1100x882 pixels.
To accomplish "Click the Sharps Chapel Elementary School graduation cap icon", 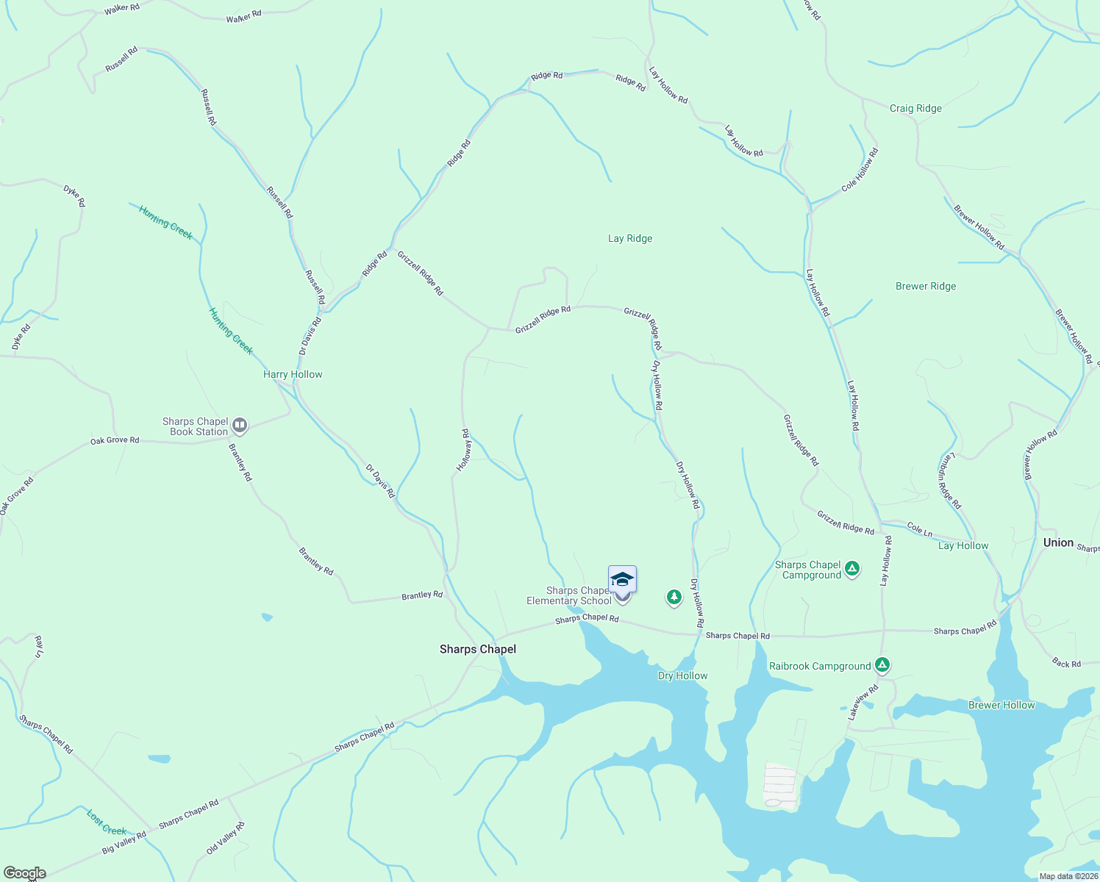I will coord(622,579).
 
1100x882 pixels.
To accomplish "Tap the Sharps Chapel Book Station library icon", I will coord(239,426).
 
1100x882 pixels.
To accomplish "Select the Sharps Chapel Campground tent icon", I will coord(852,569).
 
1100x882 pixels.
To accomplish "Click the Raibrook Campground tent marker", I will coord(882,666).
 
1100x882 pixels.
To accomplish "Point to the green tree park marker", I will coord(674,597).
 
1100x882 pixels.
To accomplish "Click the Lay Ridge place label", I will coord(630,239).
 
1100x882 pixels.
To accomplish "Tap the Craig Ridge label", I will coord(915,109).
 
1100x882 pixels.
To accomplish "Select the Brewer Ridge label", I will coord(926,287).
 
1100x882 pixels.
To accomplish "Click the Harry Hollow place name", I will coord(293,375).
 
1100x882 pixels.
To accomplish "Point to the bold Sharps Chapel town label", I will coord(478,649).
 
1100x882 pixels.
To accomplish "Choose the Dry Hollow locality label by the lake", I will coord(682,676).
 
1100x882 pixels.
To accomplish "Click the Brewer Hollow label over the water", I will coord(1001,706).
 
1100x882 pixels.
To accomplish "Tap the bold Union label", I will coord(1058,543).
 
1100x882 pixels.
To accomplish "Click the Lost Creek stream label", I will coord(107,822).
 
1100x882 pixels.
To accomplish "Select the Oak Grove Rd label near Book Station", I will coord(115,441).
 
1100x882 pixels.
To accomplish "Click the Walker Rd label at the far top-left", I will coord(122,9).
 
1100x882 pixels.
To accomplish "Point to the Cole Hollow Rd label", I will coord(860,170).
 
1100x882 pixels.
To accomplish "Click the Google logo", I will coord(24,873).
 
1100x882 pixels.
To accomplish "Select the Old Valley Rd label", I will coord(225,839).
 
